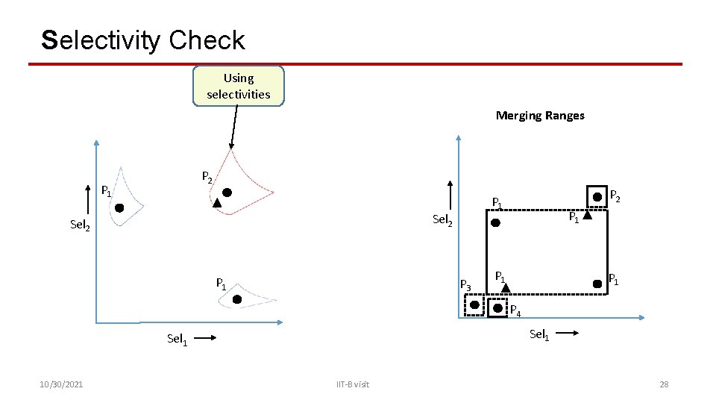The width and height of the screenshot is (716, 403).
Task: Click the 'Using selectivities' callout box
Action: pyautogui.click(x=239, y=86)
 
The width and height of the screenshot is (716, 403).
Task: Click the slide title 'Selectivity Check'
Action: pyautogui.click(x=143, y=40)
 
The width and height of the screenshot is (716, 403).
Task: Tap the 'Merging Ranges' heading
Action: pyautogui.click(x=540, y=115)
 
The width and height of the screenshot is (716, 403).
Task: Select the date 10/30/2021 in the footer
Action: pyautogui.click(x=62, y=384)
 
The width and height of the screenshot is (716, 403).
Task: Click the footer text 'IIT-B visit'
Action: pyautogui.click(x=352, y=384)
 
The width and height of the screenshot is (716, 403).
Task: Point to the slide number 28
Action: pyautogui.click(x=664, y=384)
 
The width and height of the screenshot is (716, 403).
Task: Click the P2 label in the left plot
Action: pyautogui.click(x=207, y=178)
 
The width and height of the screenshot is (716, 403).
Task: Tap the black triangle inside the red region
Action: pyautogui.click(x=217, y=202)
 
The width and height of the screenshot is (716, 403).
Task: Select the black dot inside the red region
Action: pyautogui.click(x=227, y=192)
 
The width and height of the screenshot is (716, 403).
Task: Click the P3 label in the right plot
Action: pyautogui.click(x=465, y=284)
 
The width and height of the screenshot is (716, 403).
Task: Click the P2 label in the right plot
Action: pyautogui.click(x=616, y=196)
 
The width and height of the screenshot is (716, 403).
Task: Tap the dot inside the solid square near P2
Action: pyautogui.click(x=597, y=197)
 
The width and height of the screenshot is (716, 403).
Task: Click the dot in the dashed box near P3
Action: pyautogui.click(x=474, y=305)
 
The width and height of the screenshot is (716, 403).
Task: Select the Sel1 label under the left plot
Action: pyautogui.click(x=177, y=340)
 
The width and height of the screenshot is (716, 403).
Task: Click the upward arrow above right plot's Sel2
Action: pyautogui.click(x=450, y=193)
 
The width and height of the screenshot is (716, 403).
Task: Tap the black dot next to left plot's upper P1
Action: pyautogui.click(x=119, y=208)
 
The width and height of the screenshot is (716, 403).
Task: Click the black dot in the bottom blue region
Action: pyautogui.click(x=237, y=299)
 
